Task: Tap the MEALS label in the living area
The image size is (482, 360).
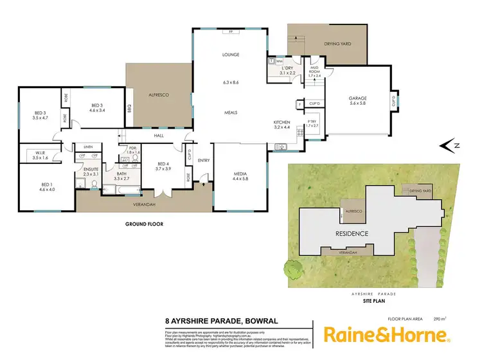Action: (x=231, y=113)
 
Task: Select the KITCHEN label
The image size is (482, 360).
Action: (x=282, y=122)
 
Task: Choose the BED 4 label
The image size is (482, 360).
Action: (x=163, y=165)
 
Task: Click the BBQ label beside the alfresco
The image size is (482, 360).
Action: (x=129, y=107)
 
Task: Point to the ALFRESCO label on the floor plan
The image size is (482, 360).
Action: (x=158, y=95)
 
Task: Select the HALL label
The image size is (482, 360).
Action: (x=159, y=136)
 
